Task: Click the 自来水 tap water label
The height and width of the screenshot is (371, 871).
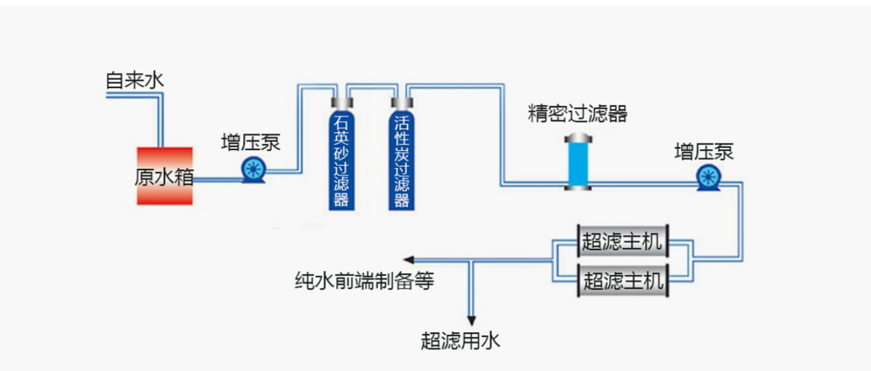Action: pyautogui.click(x=135, y=80)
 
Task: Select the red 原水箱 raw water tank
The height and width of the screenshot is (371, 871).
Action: pyautogui.click(x=164, y=176)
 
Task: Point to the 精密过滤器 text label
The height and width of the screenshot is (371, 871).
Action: pyautogui.click(x=577, y=114)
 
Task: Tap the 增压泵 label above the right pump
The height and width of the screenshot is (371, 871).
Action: pyautogui.click(x=704, y=151)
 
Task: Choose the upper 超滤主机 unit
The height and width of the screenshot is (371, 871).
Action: pyautogui.click(x=623, y=242)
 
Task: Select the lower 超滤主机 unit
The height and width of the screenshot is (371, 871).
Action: pyautogui.click(x=623, y=281)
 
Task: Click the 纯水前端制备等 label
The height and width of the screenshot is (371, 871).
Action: pyautogui.click(x=364, y=281)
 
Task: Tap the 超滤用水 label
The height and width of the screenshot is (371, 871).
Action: pyautogui.click(x=460, y=340)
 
